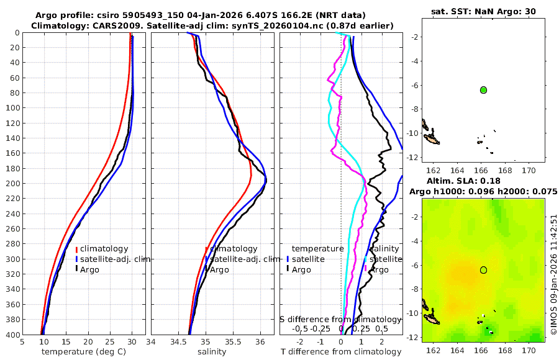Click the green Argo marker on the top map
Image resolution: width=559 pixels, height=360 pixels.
click(x=483, y=90)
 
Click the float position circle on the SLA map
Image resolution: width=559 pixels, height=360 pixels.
click(x=483, y=269)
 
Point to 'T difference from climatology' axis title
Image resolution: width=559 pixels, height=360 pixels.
click(x=340, y=352)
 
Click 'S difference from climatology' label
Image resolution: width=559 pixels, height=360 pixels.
click(x=340, y=319)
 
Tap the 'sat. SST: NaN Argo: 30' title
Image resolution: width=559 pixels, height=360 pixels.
click(x=483, y=11)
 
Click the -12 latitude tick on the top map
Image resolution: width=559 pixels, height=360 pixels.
click(x=412, y=158)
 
